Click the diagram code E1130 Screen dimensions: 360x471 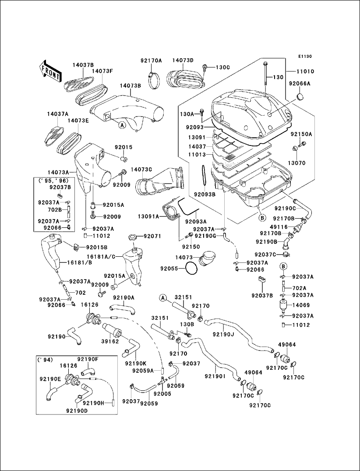point(305,56)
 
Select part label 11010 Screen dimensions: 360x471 point(305,71)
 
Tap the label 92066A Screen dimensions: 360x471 point(300,84)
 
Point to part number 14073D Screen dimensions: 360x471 point(183,60)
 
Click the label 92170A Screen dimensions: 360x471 point(151,60)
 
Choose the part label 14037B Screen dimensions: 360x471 point(83,64)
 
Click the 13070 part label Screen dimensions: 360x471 point(296,163)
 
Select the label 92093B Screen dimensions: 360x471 point(205,195)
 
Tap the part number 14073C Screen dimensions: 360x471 point(141,170)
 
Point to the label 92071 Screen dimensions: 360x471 point(152,237)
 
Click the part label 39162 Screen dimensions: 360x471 point(110,341)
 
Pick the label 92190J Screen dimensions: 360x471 point(223,334)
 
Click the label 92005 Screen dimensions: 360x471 point(162,393)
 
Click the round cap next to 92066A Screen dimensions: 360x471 point(300,97)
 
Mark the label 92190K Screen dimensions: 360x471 point(136,364)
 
